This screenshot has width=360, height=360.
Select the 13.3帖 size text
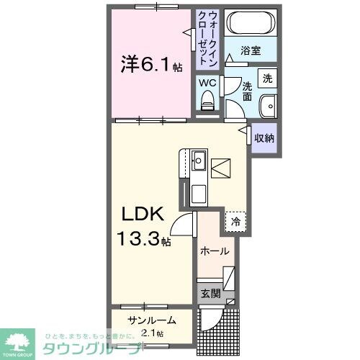(144, 237)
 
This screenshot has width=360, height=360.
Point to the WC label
(207, 82)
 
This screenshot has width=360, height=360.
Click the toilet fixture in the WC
(208, 102)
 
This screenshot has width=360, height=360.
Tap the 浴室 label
(250, 51)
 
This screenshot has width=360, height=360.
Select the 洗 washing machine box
(267, 77)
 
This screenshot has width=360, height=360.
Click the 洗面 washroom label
(246, 91)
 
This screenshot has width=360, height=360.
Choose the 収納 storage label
(264, 138)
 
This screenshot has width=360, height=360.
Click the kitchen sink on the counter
(200, 158)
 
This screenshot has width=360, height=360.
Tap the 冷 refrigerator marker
(235, 222)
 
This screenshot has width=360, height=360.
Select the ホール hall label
(215, 251)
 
